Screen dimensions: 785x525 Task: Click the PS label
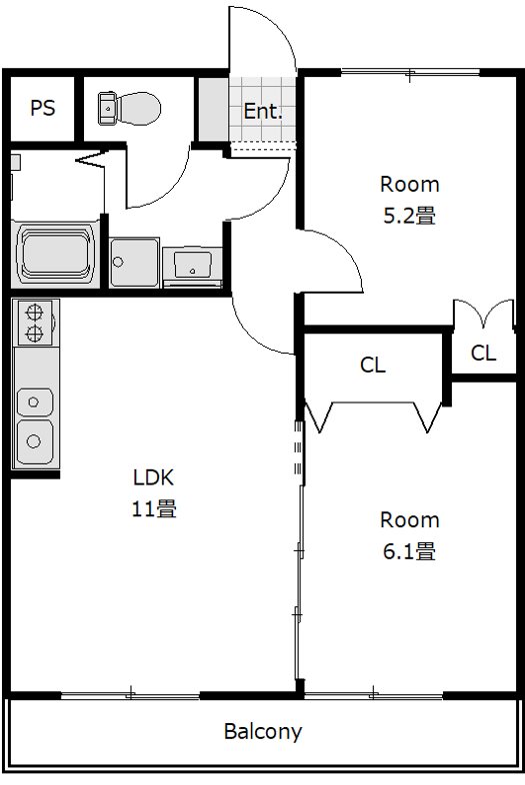click(x=42, y=109)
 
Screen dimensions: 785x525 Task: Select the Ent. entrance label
click(x=263, y=112)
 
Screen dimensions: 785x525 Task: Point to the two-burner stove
click(x=35, y=322)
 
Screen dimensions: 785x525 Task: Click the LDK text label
click(x=154, y=475)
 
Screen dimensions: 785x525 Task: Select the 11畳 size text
click(x=154, y=508)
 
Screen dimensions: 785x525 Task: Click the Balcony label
click(x=262, y=731)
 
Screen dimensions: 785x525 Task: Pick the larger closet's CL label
click(x=372, y=366)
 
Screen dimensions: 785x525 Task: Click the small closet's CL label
click(x=483, y=352)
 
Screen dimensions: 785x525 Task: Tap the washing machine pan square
click(x=133, y=263)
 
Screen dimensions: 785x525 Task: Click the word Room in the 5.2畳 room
click(x=409, y=184)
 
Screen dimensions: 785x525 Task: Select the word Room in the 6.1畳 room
click(x=409, y=519)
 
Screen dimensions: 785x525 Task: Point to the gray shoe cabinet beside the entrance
click(x=212, y=108)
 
